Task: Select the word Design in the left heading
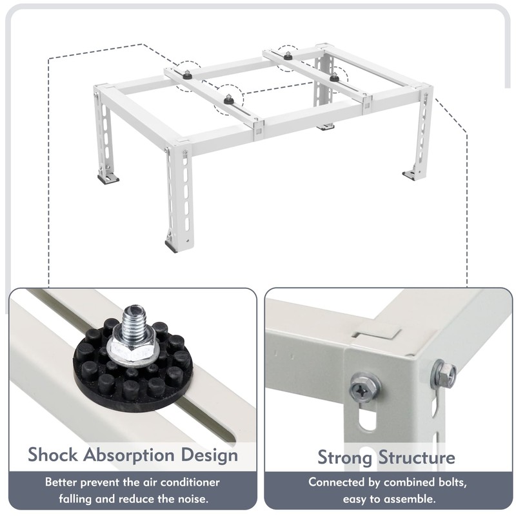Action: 208,455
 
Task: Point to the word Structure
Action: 419,457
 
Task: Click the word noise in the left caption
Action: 198,499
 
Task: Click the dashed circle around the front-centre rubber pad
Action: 228,101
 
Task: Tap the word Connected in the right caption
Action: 340,482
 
